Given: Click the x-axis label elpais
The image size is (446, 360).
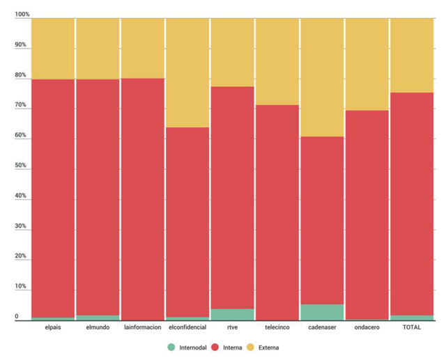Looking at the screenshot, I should pyautogui.click(x=53, y=327).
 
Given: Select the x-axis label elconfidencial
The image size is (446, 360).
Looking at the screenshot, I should pyautogui.click(x=187, y=327).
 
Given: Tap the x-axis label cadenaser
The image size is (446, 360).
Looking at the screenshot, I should pyautogui.click(x=322, y=327).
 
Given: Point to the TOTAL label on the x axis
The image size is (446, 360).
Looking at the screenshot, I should pyautogui.click(x=411, y=327).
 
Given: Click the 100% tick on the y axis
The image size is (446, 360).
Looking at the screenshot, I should pyautogui.click(x=22, y=15).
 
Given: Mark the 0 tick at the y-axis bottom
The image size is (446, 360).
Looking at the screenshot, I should pyautogui.click(x=17, y=318).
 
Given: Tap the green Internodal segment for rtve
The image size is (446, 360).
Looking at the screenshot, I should pyautogui.click(x=232, y=314).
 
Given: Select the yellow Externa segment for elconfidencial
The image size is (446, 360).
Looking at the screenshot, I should pyautogui.click(x=187, y=72).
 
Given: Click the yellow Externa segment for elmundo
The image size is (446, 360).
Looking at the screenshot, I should pyautogui.click(x=98, y=48).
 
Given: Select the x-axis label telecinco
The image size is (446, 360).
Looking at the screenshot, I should pyautogui.click(x=277, y=327).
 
